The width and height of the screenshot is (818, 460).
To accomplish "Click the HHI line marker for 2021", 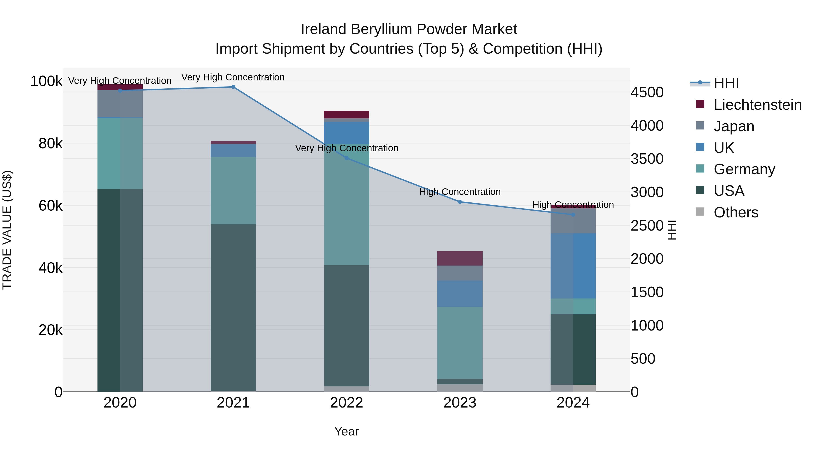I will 233,87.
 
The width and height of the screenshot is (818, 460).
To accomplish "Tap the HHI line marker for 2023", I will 460,202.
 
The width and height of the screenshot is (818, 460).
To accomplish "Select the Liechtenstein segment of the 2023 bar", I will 460,259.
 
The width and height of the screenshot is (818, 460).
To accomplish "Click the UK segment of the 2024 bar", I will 573,266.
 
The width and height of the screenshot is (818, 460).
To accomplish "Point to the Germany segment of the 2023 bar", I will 460,343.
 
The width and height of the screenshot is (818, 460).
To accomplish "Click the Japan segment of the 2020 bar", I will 120,104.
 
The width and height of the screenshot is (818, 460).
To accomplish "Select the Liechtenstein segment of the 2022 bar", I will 347,115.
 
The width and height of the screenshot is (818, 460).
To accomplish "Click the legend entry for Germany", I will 744,169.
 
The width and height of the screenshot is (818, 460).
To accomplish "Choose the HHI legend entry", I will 726,83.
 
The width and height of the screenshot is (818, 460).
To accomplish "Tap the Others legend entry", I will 736,212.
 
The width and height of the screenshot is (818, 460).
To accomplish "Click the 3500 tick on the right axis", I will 647,159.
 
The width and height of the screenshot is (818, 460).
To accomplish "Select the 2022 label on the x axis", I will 347,403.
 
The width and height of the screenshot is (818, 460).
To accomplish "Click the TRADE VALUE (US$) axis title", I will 7,230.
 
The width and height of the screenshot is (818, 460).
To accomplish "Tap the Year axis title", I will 347,431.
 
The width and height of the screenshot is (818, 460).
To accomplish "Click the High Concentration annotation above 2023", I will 460,192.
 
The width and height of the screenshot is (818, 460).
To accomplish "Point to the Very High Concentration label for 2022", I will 347,148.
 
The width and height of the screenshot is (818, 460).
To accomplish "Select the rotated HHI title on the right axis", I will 672,230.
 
